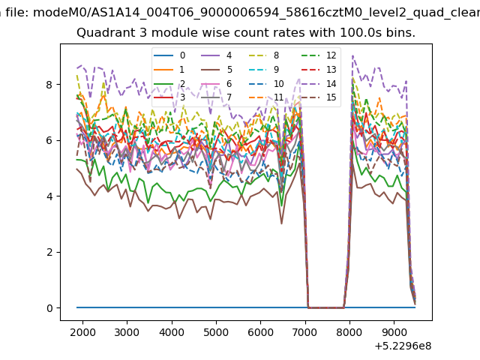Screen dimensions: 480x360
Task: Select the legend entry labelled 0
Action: coord(169,55)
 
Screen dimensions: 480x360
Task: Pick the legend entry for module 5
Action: coord(217,70)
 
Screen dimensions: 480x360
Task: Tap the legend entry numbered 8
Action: coord(265,55)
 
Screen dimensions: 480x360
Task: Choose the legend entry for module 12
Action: coord(319,55)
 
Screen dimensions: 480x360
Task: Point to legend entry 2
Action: coord(169,83)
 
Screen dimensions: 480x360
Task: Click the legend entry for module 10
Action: coord(266,83)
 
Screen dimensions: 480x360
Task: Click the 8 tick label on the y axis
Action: coord(49,85)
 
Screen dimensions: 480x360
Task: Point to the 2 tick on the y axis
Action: coord(49,253)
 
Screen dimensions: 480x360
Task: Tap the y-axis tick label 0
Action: coord(49,308)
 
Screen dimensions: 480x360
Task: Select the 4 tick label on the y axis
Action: coord(49,196)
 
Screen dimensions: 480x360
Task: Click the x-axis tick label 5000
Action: coord(217,332)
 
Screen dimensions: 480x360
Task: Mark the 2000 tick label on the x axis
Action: coord(82,332)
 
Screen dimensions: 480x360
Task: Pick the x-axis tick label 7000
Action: coord(305,332)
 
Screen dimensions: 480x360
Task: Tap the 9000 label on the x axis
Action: coord(394,332)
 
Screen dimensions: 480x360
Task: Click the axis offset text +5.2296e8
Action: coord(403,346)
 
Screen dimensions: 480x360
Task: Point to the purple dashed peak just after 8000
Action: coord(353,55)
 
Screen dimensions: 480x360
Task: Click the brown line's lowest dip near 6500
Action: coord(282,223)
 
